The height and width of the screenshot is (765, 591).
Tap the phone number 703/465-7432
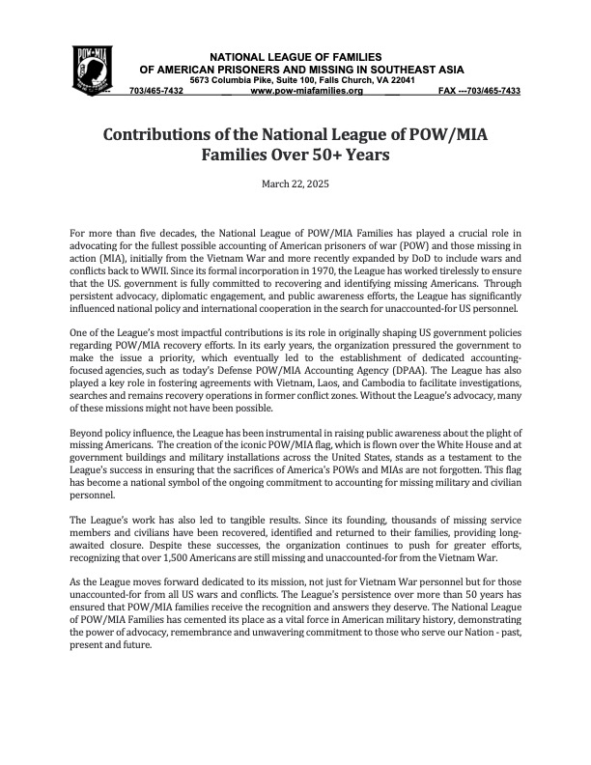pos(155,91)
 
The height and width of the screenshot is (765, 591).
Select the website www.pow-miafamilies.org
pos(306,91)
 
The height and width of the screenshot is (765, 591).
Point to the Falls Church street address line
pos(303,80)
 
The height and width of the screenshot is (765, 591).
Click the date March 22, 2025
pos(295,184)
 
